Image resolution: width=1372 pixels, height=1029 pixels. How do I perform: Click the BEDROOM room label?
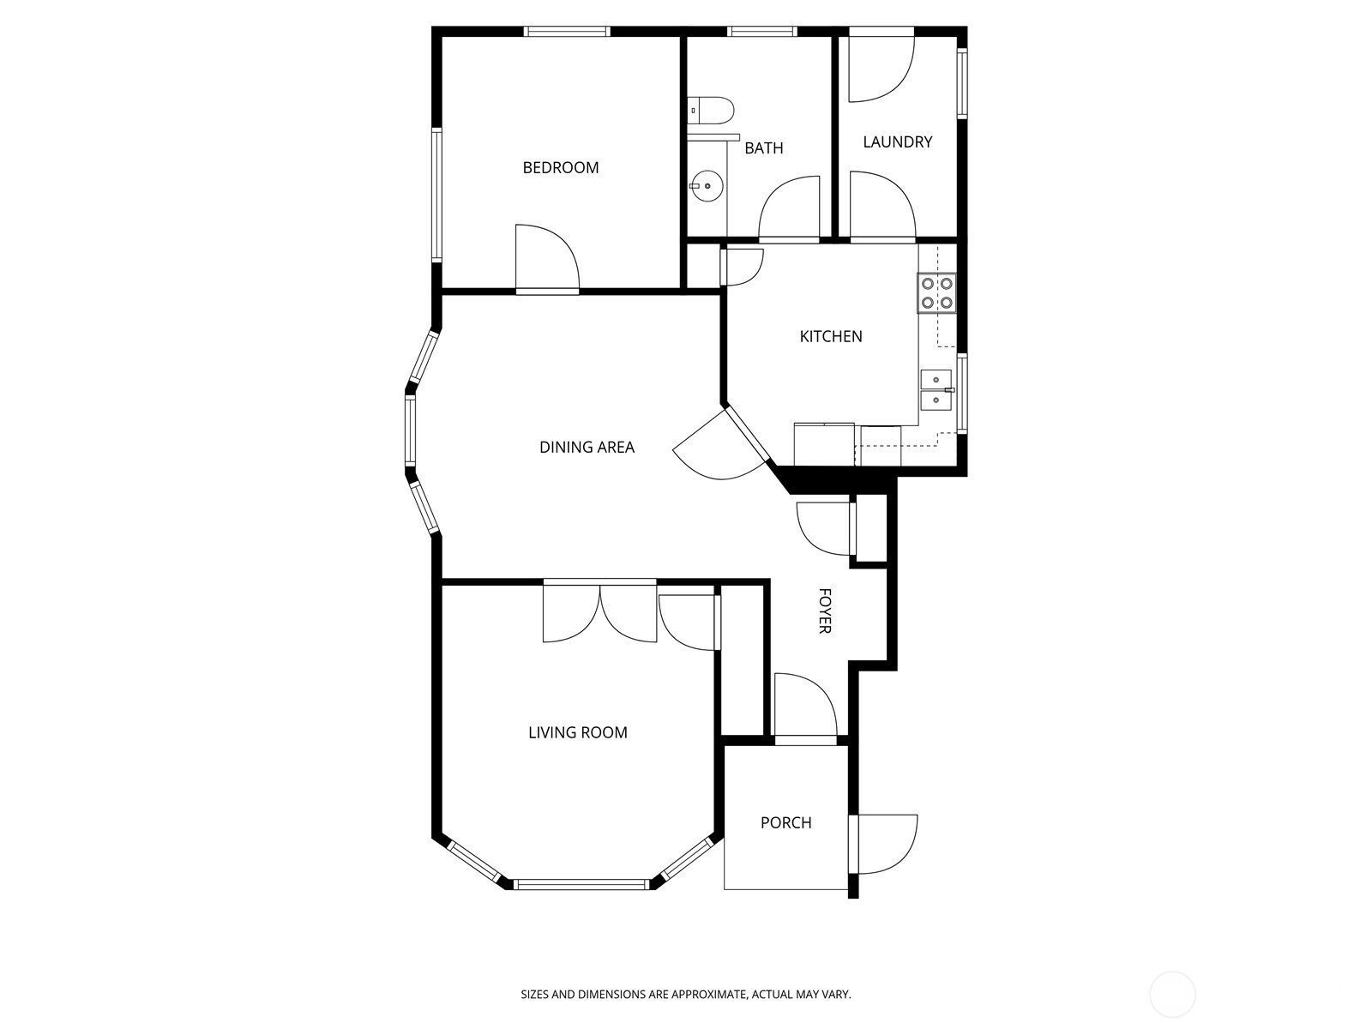click(560, 167)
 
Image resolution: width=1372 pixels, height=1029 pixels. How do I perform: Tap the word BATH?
click(764, 148)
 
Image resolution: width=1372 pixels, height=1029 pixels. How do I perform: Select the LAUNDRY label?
click(898, 141)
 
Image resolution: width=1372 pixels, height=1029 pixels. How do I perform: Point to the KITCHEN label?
click(831, 336)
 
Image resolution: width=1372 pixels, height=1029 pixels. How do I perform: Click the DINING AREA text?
click(587, 447)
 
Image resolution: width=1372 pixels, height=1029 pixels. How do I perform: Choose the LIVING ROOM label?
click(578, 732)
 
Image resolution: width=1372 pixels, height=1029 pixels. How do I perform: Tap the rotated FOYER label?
click(824, 611)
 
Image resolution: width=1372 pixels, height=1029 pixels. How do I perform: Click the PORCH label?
click(785, 823)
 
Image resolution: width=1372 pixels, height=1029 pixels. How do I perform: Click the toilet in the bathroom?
click(711, 111)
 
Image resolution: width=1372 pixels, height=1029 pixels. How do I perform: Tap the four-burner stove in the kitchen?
click(936, 293)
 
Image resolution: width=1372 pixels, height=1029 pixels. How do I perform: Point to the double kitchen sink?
click(936, 390)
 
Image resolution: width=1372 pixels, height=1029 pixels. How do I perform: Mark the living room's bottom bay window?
click(582, 884)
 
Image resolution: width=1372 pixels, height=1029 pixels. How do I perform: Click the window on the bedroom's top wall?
click(566, 31)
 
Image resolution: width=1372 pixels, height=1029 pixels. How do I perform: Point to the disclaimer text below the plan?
click(686, 994)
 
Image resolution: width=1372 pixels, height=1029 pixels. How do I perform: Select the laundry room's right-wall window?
click(963, 83)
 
